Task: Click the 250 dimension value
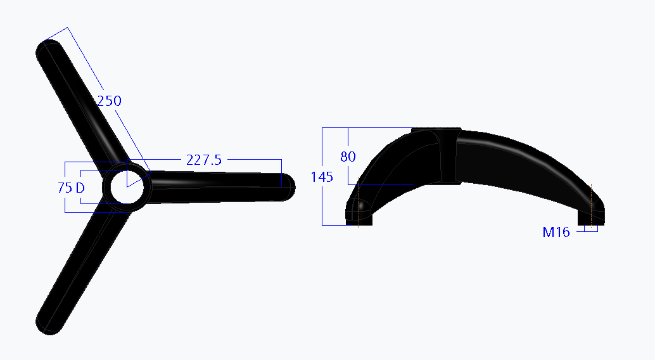108,101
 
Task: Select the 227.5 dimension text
203,160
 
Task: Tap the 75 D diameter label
71,188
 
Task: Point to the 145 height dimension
322,177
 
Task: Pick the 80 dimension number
348,157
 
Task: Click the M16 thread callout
556,233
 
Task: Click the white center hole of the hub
126,188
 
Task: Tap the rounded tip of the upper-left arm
49,51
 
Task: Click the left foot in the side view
358,213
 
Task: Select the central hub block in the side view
438,156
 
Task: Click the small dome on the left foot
362,207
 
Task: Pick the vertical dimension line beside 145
322,203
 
